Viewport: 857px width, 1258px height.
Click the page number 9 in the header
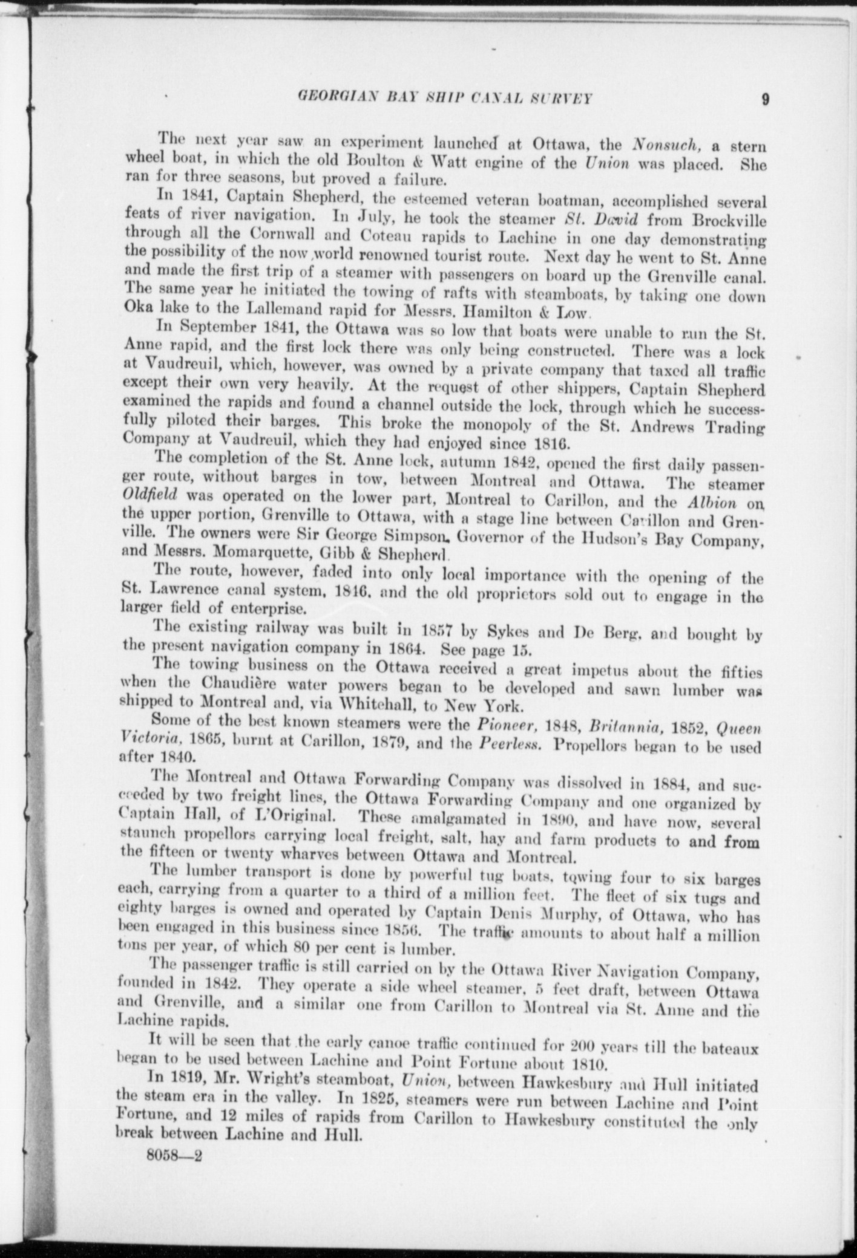point(766,99)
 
